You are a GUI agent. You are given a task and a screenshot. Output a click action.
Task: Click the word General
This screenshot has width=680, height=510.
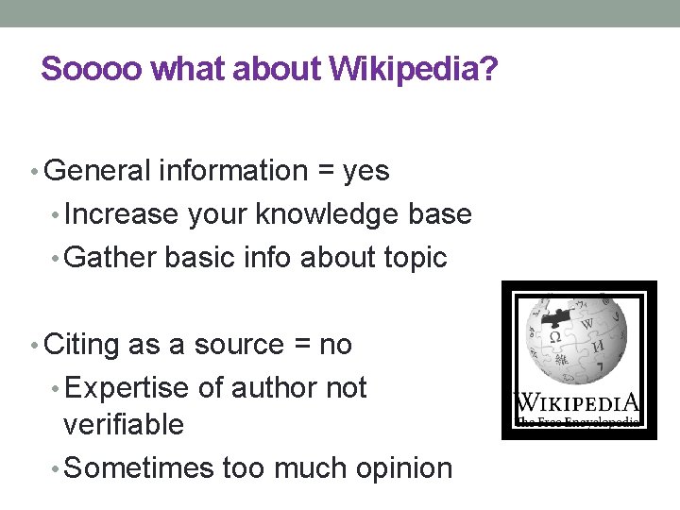pyautogui.click(x=97, y=171)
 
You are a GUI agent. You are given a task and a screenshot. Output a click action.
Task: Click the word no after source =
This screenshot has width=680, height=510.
pyautogui.click(x=335, y=345)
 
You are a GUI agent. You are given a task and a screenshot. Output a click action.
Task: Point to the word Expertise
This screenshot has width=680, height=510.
pyautogui.click(x=129, y=388)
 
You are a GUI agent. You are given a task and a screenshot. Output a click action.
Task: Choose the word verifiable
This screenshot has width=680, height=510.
pyautogui.click(x=123, y=425)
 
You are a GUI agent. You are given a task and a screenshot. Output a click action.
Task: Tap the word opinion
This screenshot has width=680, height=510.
pyautogui.click(x=399, y=467)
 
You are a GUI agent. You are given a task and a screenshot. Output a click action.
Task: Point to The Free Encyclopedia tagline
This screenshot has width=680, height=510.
pyautogui.click(x=577, y=421)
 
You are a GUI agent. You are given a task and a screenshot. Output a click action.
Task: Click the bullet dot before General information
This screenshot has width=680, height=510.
pyautogui.click(x=35, y=172)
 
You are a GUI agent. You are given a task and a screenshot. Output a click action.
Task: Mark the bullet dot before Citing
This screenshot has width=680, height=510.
pyautogui.click(x=35, y=346)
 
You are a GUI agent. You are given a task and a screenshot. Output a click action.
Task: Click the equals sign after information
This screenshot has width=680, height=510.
pyautogui.click(x=325, y=172)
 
